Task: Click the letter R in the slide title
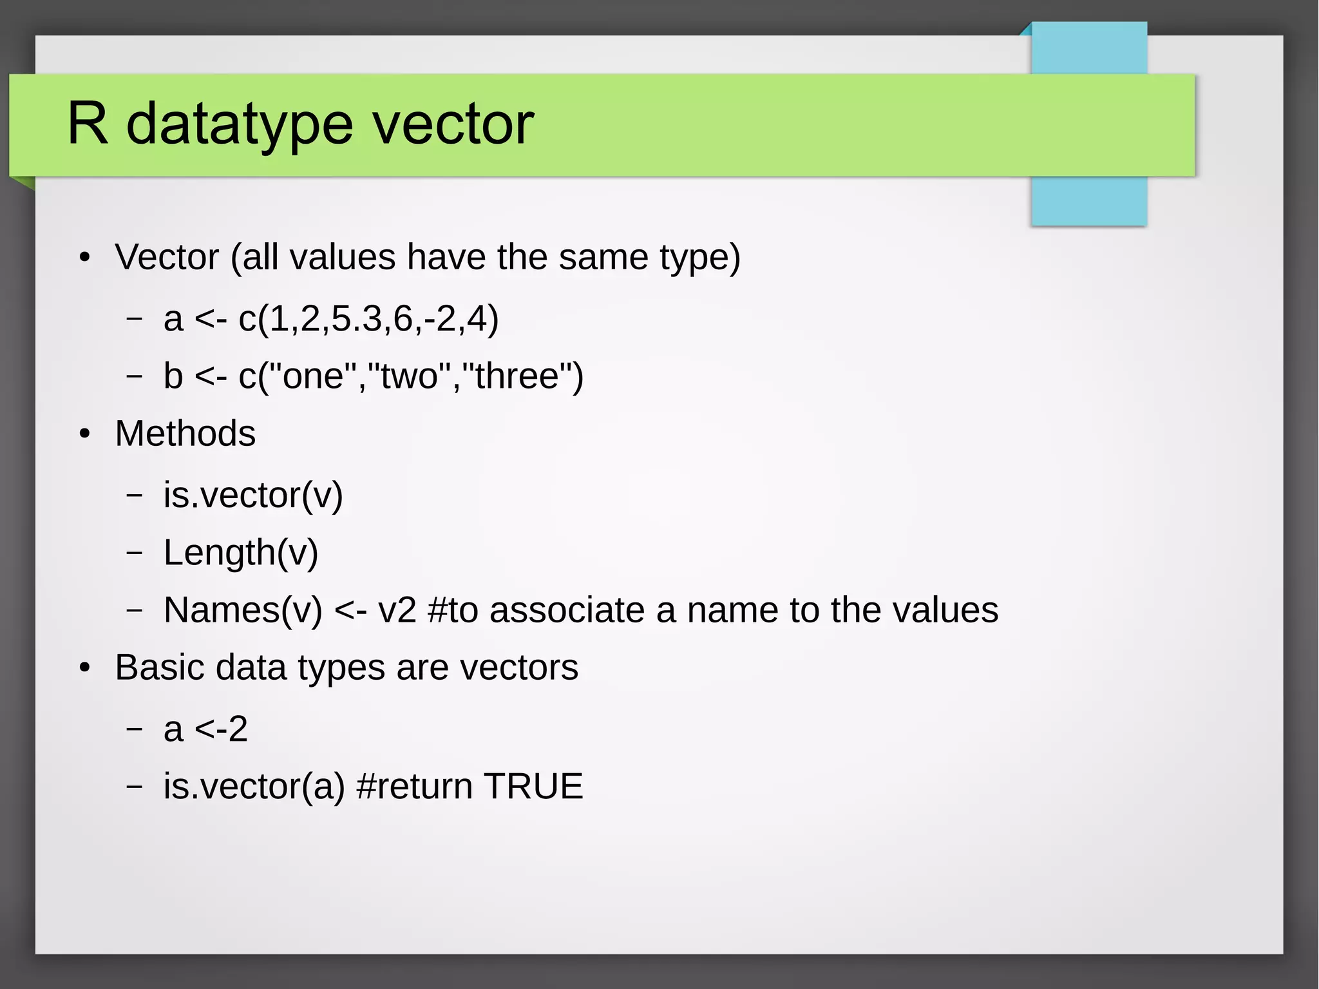(x=88, y=123)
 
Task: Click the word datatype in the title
(x=240, y=125)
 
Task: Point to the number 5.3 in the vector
(x=357, y=318)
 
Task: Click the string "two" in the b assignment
(x=410, y=376)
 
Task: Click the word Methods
(x=185, y=433)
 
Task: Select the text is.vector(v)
(x=253, y=495)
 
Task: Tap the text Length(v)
(x=241, y=552)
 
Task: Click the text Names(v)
(x=243, y=610)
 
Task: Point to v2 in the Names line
(x=397, y=610)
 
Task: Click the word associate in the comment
(x=567, y=610)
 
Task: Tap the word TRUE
(x=533, y=786)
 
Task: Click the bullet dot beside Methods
(x=85, y=434)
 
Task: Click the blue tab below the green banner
(x=1088, y=201)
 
